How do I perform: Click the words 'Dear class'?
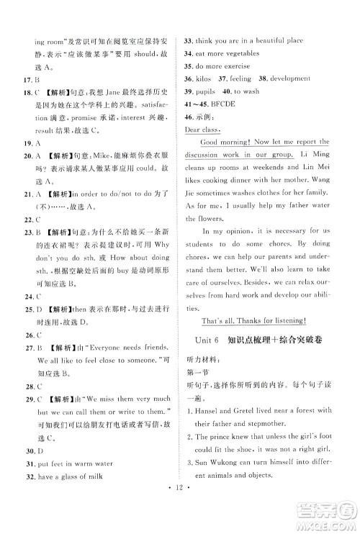(205, 130)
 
